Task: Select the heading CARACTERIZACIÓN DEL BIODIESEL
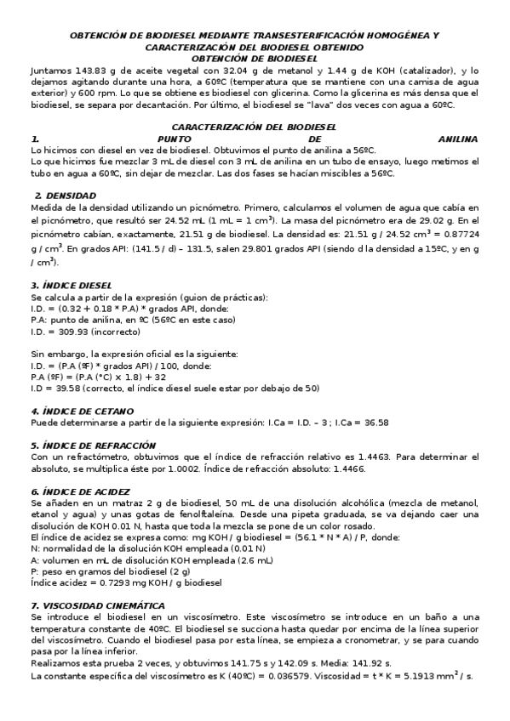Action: tap(255, 125)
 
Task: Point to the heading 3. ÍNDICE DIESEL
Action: tap(72, 285)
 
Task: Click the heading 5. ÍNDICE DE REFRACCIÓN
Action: tap(93, 445)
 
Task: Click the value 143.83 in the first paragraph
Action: tap(90, 70)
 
